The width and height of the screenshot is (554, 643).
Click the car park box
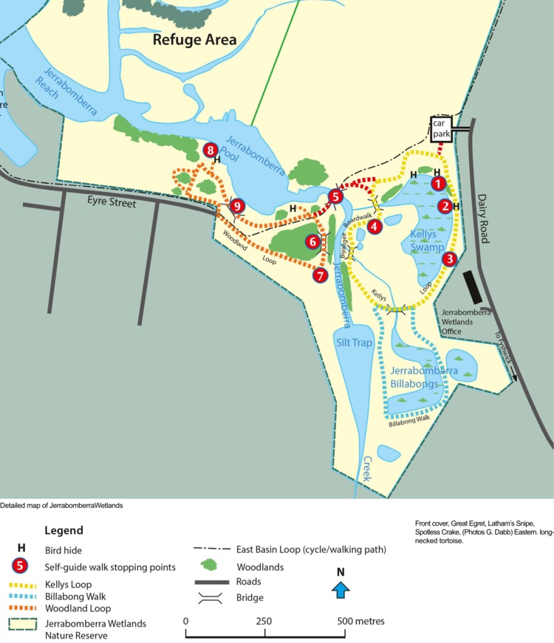pos(442,128)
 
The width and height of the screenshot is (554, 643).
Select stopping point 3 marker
pos(450,258)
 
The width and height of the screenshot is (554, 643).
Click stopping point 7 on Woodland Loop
pos(320,275)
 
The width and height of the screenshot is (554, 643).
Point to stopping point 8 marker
pos(211,151)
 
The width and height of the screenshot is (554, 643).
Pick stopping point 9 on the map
pos(236,206)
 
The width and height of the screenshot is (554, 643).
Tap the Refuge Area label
pos(194,39)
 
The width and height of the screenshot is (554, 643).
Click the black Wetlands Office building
pos(471,286)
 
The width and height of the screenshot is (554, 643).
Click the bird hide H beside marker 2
pos(456,207)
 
